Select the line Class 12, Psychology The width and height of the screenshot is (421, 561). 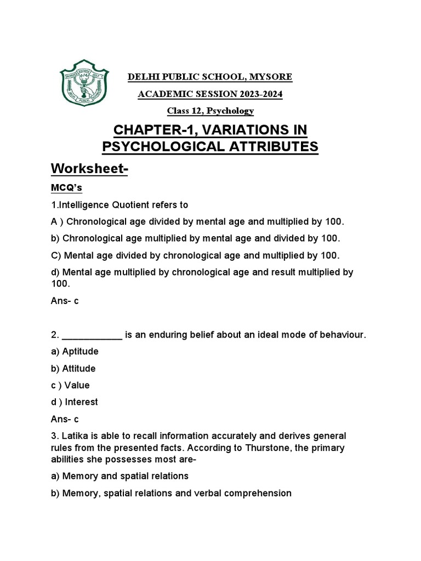[210, 111]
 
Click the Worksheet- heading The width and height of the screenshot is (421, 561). [89, 170]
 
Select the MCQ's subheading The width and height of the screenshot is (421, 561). [66, 188]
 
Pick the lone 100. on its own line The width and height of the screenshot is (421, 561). [60, 284]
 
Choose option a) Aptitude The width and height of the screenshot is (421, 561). [76, 352]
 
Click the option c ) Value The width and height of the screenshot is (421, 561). [70, 385]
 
